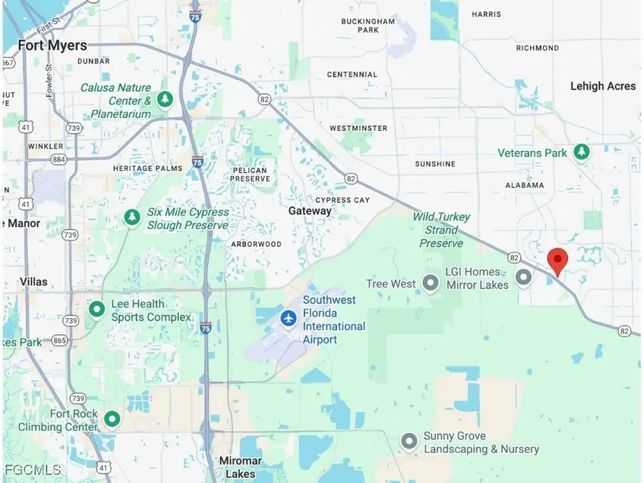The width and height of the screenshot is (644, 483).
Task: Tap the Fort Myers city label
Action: (x=52, y=46)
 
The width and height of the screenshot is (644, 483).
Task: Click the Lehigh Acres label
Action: (x=602, y=86)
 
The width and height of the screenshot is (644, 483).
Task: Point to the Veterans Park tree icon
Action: (x=582, y=152)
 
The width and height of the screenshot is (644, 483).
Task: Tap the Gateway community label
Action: (x=310, y=211)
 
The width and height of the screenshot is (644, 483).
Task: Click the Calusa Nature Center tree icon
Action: (x=165, y=99)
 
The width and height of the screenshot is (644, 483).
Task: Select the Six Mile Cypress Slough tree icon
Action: (x=132, y=218)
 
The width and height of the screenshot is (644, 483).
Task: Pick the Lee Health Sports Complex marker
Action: (x=97, y=310)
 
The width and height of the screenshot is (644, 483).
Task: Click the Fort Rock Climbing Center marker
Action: (x=112, y=419)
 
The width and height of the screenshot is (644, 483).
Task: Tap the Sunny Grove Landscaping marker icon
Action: (x=409, y=441)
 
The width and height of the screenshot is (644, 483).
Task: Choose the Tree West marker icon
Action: (x=430, y=284)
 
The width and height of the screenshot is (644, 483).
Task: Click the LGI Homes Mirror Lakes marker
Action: (x=524, y=277)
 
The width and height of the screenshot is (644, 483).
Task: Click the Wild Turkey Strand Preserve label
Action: (x=441, y=230)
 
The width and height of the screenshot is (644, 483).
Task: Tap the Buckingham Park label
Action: (x=369, y=26)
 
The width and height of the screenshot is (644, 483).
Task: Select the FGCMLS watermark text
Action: (x=33, y=469)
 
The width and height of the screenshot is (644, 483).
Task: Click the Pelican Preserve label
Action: (x=250, y=174)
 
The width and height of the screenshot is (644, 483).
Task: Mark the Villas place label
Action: (x=34, y=281)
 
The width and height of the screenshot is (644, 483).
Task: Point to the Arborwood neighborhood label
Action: (x=256, y=244)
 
